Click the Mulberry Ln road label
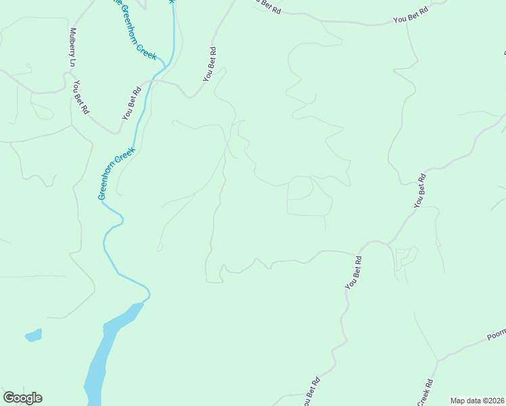click(x=72, y=47)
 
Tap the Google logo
click(x=22, y=398)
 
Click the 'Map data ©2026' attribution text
click(x=476, y=401)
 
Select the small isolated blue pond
click(x=33, y=335)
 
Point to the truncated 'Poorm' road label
click(x=496, y=336)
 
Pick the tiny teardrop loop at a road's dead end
click(x=160, y=248)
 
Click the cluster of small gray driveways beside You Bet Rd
click(x=405, y=260)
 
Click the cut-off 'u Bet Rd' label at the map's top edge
click(x=265, y=3)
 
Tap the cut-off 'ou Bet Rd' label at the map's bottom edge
click(x=311, y=392)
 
